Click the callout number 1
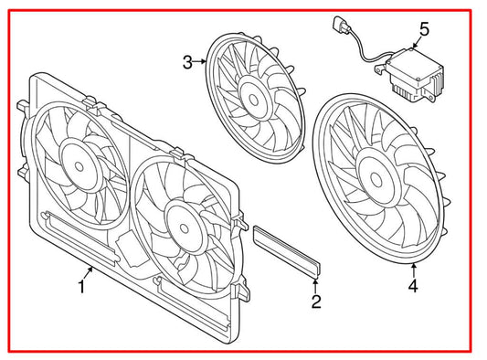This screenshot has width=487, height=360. (81, 287)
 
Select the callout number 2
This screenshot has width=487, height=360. (315, 301)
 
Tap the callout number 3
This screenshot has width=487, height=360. (186, 62)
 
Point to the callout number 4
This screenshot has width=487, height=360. (412, 288)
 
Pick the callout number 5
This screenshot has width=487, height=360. (423, 30)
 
